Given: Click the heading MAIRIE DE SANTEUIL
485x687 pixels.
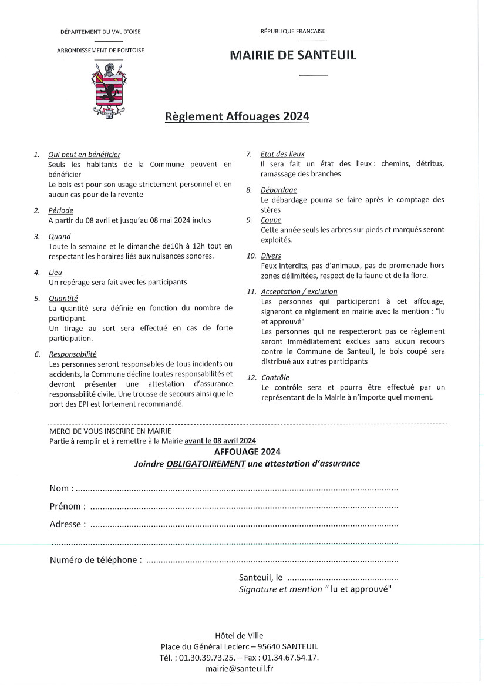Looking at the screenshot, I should (x=292, y=55).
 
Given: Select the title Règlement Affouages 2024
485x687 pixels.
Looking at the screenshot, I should (x=237, y=116).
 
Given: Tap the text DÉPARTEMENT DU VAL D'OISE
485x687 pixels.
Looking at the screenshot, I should (x=100, y=31).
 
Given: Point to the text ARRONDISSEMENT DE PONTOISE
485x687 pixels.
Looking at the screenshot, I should (x=100, y=51).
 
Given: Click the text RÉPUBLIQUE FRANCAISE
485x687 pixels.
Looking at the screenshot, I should (x=292, y=31).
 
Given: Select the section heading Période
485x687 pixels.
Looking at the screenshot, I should (x=61, y=210).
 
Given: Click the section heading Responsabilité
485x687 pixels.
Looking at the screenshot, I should (x=73, y=354).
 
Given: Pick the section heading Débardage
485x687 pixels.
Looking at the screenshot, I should (x=278, y=190).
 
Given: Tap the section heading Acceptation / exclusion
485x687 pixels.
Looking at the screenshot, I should (x=299, y=291).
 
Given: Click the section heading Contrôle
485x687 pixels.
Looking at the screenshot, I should (x=275, y=377).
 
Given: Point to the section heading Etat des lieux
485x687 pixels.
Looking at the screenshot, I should (x=282, y=154).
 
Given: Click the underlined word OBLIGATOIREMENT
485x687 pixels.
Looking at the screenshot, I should (x=206, y=463).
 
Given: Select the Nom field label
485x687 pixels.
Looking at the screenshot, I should (x=61, y=488).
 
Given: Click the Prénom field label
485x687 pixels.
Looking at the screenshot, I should (x=67, y=506).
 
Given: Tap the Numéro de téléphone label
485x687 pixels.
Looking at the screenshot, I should (x=95, y=560).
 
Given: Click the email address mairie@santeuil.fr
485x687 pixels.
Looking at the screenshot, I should (x=239, y=668).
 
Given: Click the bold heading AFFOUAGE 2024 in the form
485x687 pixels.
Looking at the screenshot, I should (x=247, y=451).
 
